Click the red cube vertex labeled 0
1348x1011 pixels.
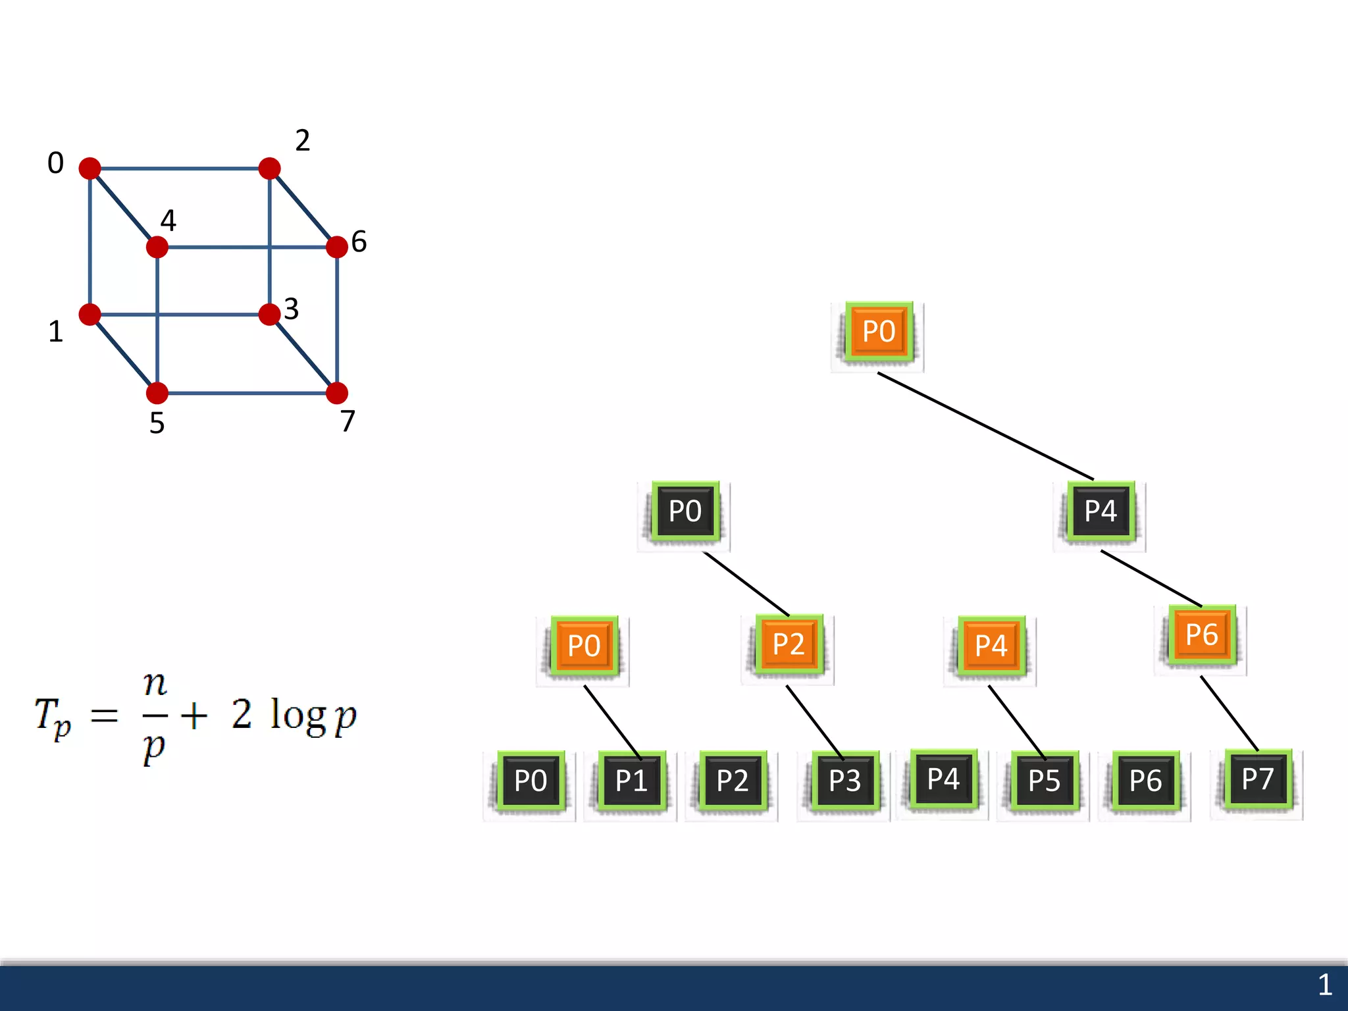pos(90,168)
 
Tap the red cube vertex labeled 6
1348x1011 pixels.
pos(336,247)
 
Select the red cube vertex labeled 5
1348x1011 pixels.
pos(157,393)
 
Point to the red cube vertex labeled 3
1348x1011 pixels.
pos(269,314)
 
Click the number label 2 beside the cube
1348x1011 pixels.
pos(302,141)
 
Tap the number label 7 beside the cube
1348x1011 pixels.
pos(348,421)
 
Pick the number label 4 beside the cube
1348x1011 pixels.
pos(168,220)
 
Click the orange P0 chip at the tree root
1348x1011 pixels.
pos(879,332)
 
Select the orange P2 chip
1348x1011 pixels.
pos(789,644)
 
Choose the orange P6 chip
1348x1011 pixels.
pos(1201,635)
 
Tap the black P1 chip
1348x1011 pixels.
pos(631,781)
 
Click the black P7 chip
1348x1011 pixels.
pos(1257,779)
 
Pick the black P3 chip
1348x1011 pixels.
pos(844,781)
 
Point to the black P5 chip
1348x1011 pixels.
pos(1044,781)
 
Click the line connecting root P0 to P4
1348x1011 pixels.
pos(985,426)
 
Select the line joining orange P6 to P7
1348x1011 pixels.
pos(1229,713)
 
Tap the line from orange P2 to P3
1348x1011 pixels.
pos(814,721)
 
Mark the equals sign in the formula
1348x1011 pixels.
pos(104,715)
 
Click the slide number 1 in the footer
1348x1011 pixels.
pos(1324,985)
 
